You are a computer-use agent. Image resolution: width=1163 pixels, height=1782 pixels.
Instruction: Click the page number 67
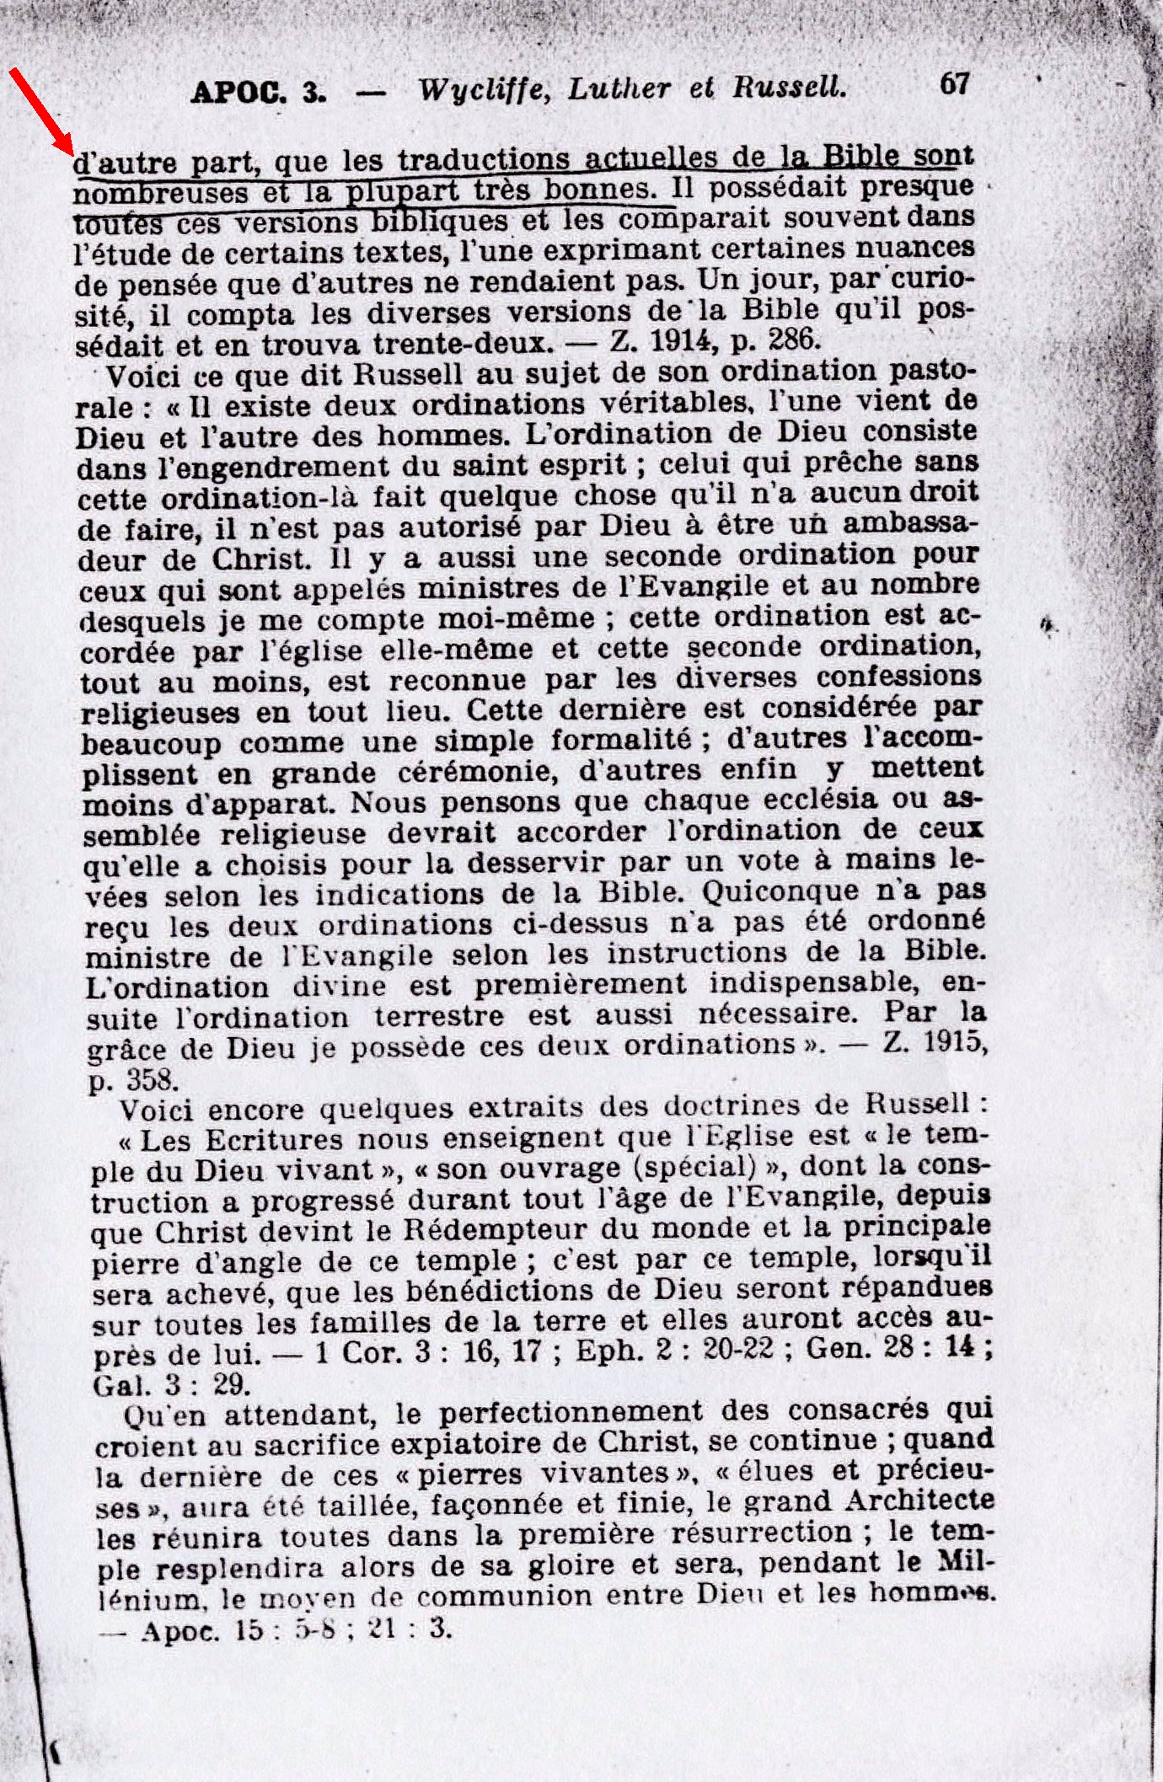point(954,83)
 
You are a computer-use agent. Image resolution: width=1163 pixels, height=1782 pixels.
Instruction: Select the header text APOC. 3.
point(259,90)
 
